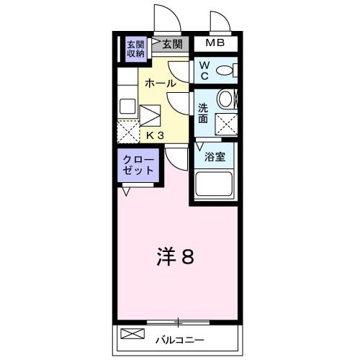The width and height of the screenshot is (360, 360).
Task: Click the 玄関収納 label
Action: pyautogui.click(x=135, y=48)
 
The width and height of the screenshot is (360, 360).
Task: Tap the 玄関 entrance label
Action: pyautogui.click(x=172, y=44)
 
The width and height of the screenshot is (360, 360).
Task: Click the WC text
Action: pyautogui.click(x=204, y=70)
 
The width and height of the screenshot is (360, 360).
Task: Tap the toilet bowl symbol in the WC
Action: pyautogui.click(x=225, y=71)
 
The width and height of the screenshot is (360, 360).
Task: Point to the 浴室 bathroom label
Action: pyautogui.click(x=214, y=156)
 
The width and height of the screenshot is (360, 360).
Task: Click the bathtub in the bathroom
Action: pyautogui.click(x=214, y=184)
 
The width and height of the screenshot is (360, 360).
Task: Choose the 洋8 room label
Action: pyautogui.click(x=176, y=256)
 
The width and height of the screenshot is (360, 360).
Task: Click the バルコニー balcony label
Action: pyautogui.click(x=180, y=338)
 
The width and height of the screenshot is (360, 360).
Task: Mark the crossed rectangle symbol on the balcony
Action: pyautogui.click(x=132, y=334)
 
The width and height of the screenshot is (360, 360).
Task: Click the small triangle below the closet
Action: pyautogui.click(x=127, y=191)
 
